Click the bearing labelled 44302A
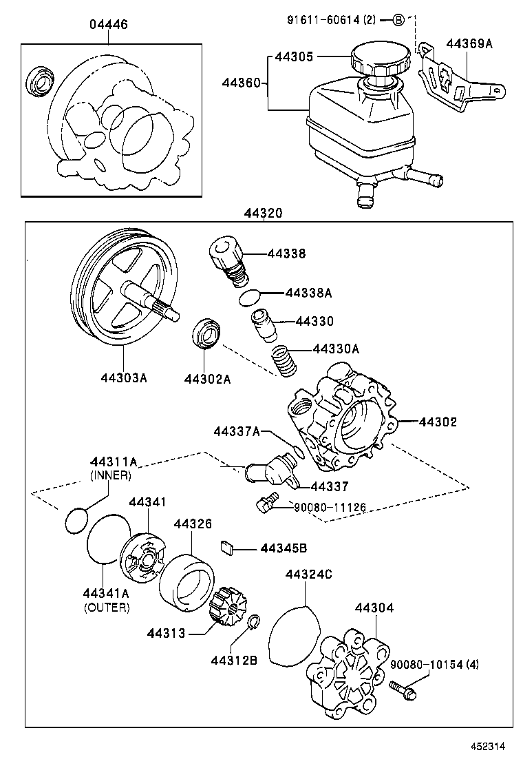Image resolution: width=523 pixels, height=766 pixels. click(x=206, y=334)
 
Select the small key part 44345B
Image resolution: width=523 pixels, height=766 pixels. click(x=228, y=548)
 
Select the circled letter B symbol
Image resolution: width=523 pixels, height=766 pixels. click(x=400, y=20)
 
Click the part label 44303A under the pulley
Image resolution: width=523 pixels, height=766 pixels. click(x=124, y=377)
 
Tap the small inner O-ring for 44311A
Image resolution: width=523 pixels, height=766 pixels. click(x=77, y=519)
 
